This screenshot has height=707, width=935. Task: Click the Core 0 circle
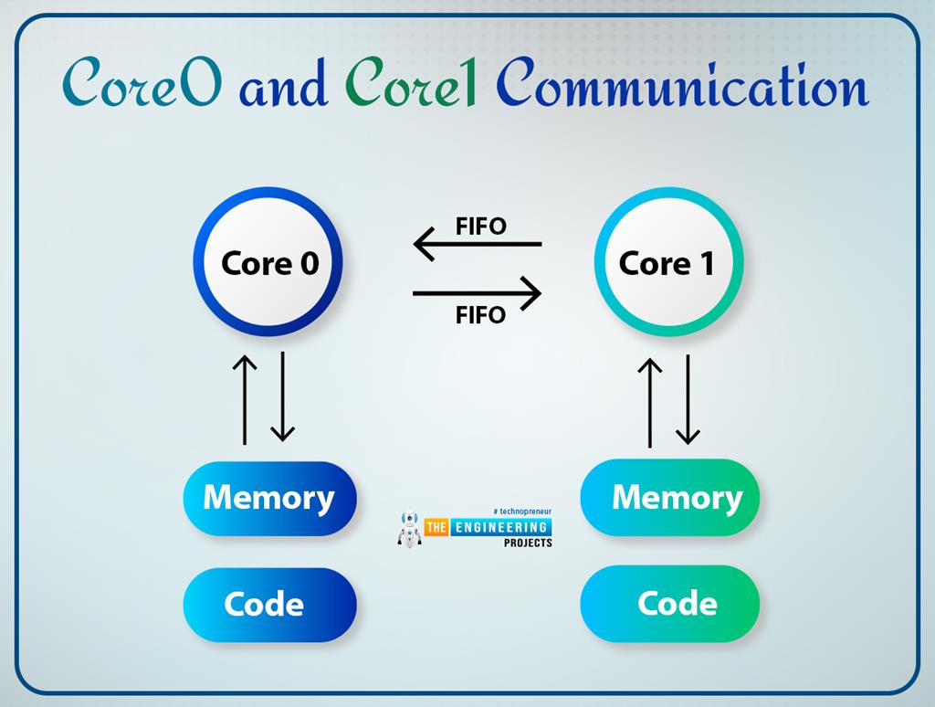click(x=268, y=263)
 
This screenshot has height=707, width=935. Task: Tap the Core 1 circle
click(x=668, y=263)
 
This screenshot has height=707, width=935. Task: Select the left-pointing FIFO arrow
click(x=477, y=245)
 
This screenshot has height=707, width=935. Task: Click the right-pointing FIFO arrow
click(x=477, y=293)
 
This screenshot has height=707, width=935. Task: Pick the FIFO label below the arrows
click(x=480, y=315)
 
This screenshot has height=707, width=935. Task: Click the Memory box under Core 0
click(x=269, y=498)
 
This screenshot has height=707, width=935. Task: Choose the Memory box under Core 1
click(x=670, y=498)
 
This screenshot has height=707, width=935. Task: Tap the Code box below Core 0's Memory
click(x=269, y=604)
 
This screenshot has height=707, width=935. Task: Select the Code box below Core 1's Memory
click(x=670, y=604)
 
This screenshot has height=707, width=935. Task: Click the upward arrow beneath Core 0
click(x=245, y=398)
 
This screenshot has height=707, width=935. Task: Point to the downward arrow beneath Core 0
click(x=283, y=398)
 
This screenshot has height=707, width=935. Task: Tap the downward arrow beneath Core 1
click(x=688, y=400)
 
